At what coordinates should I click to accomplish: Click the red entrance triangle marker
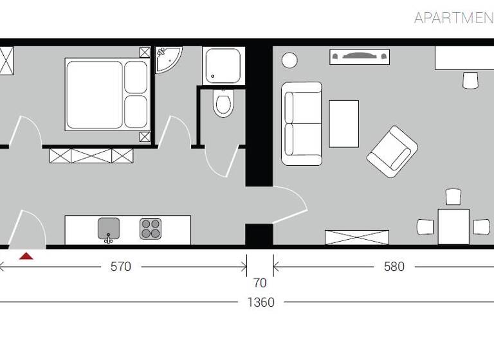26,256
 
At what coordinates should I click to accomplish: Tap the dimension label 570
120,267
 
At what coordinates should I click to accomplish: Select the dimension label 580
394,267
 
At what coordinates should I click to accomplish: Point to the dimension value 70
260,283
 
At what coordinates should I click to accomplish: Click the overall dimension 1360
261,302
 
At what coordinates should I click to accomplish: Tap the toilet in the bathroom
223,104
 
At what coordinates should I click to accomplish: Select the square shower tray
223,66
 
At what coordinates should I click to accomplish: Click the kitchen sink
109,229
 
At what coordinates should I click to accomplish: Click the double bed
107,94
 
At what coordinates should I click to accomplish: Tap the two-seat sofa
301,123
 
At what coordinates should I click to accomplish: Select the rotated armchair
392,151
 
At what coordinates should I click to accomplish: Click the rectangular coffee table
343,123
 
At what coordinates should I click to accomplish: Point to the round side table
289,60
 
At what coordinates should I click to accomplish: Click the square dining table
453,226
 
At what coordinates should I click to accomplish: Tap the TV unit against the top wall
360,57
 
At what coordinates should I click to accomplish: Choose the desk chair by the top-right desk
471,81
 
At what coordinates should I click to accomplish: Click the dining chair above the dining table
453,197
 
